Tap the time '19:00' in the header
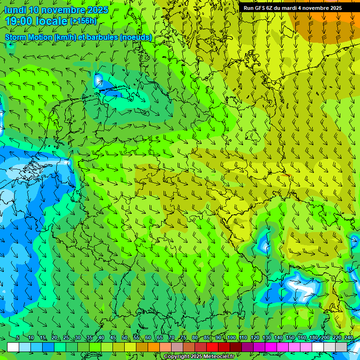(19, 21)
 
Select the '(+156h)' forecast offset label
(83, 21)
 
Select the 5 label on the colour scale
(17, 338)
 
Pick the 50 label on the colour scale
(125, 338)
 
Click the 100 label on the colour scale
(232, 338)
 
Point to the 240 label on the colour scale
(349, 338)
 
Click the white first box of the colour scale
(13, 347)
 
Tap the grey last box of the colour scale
(341, 347)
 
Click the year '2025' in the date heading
(97, 10)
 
